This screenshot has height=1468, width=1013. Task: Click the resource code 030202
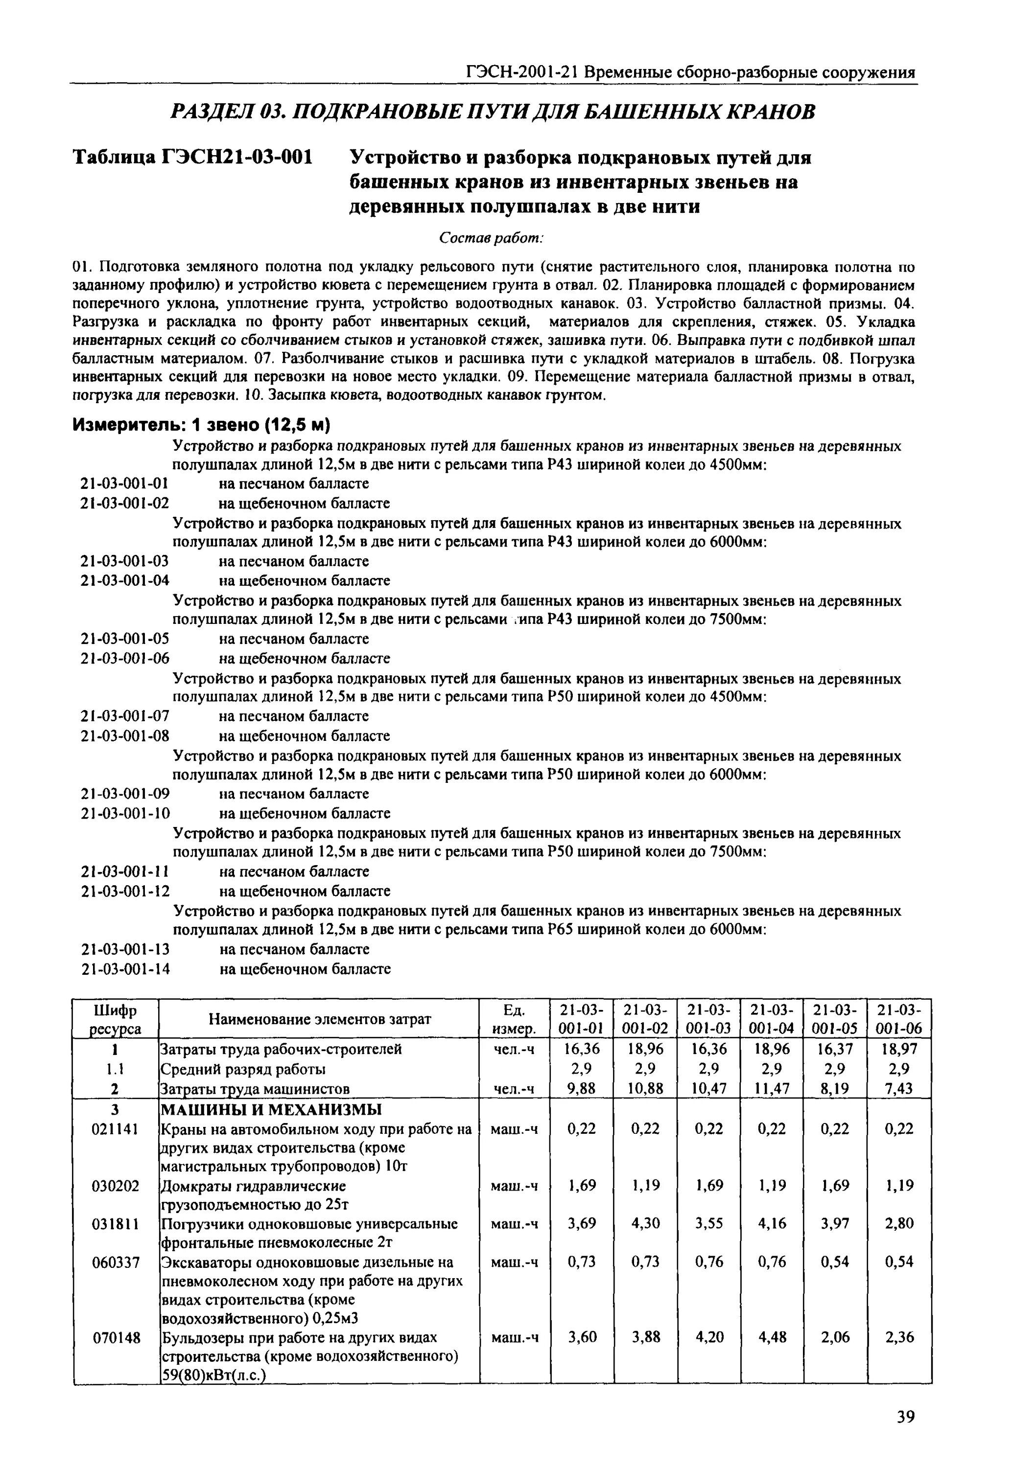[116, 1186]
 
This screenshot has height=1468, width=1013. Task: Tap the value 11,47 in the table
[773, 1089]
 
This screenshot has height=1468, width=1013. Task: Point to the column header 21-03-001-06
[899, 1019]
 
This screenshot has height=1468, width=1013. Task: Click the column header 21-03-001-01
[582, 1019]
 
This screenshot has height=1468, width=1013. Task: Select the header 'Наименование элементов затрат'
[319, 1019]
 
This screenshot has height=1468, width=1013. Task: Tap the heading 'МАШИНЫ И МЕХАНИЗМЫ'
[271, 1110]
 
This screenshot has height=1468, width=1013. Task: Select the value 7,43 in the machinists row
[899, 1089]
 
